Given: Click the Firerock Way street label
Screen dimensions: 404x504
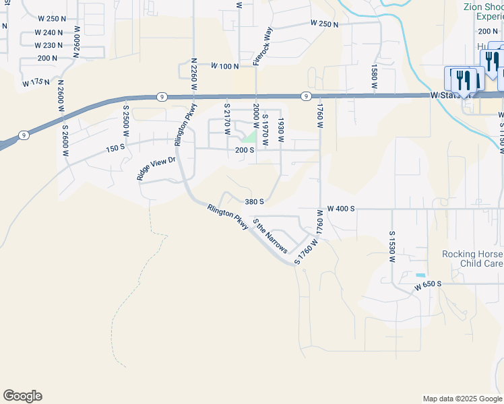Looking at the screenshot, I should (x=263, y=46).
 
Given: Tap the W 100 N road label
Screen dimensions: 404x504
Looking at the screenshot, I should (x=225, y=66).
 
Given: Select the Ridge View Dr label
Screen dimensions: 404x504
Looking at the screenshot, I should (x=156, y=168).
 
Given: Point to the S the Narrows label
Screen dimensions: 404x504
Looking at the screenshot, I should (x=270, y=236).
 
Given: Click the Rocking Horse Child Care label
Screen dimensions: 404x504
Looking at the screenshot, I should (x=472, y=259).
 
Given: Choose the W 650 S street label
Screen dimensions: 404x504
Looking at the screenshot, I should (x=428, y=285).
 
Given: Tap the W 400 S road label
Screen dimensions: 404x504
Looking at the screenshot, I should (x=341, y=209).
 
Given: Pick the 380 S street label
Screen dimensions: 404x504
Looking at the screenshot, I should (x=253, y=201).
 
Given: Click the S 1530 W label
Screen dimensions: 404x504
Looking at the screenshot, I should (x=391, y=246).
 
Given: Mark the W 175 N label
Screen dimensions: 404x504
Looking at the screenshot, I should (x=36, y=82).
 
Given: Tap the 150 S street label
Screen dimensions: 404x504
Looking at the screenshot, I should (x=115, y=148).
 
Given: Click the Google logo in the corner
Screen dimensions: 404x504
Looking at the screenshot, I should (x=22, y=396).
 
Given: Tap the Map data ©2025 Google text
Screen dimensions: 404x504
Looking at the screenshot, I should (x=462, y=399).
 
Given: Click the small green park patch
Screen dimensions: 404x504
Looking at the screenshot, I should (x=250, y=137).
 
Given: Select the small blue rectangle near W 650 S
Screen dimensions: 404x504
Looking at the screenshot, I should (x=420, y=275).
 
